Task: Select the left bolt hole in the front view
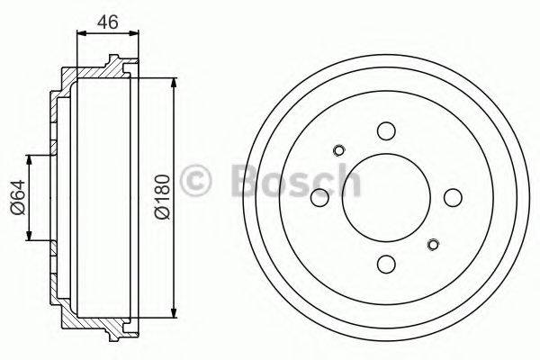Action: click(319, 197)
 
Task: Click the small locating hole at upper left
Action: click(339, 150)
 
